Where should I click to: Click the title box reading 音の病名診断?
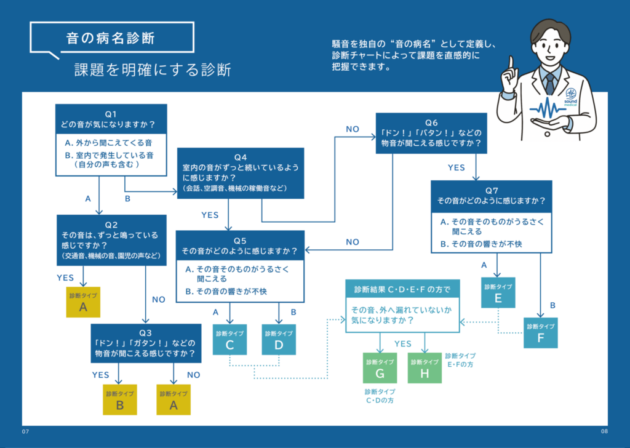[x=112, y=38]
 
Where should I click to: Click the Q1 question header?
[x=111, y=119]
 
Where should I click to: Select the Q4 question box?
[x=241, y=173]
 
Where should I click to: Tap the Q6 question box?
[x=431, y=133]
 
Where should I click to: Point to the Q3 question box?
[x=146, y=343]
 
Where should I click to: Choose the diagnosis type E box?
[x=498, y=293]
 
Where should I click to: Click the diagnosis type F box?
[x=540, y=333]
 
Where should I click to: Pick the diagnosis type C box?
[x=230, y=340]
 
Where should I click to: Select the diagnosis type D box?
[x=279, y=340]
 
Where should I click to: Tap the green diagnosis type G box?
[x=380, y=368]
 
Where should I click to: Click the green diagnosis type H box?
[x=425, y=368]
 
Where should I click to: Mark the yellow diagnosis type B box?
[x=120, y=400]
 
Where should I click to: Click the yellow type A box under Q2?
[x=83, y=302]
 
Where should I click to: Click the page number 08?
[x=604, y=431]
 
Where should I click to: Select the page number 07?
[x=25, y=431]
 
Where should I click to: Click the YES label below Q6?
[x=457, y=167]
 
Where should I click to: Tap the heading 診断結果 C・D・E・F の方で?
[x=402, y=289]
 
